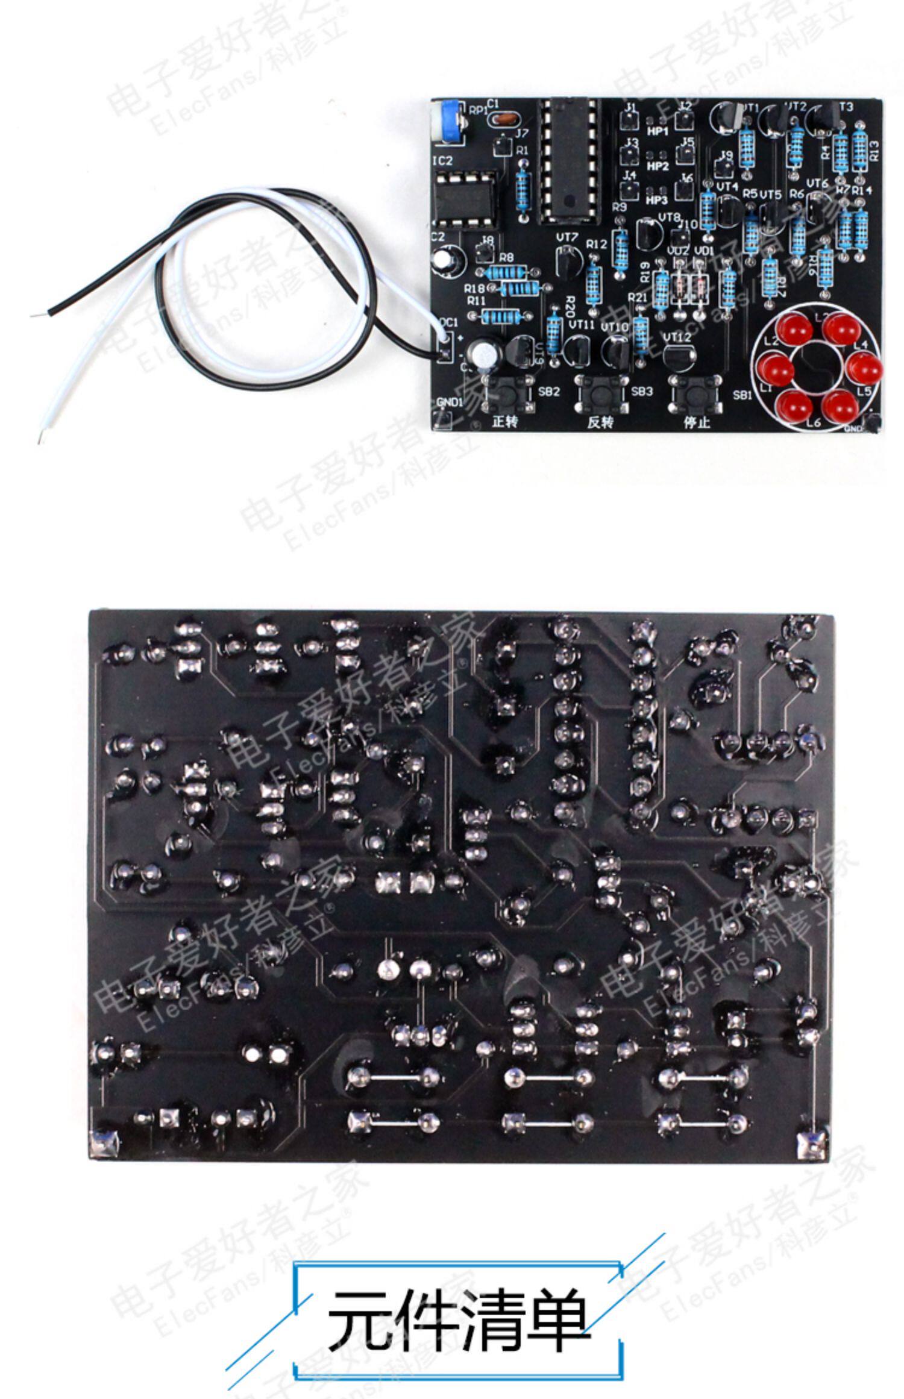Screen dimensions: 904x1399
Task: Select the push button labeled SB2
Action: tap(510, 392)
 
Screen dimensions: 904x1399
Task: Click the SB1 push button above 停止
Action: tap(697, 392)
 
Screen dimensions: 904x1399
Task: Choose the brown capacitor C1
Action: tap(503, 120)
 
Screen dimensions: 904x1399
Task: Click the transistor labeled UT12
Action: tap(679, 356)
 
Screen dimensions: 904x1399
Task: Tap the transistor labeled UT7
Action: tap(567, 264)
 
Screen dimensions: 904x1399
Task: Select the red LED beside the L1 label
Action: tap(778, 369)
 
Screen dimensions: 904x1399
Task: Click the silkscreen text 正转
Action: tap(505, 421)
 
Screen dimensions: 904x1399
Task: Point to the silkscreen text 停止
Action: tap(696, 422)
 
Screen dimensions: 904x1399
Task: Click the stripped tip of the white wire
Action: tap(42, 433)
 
